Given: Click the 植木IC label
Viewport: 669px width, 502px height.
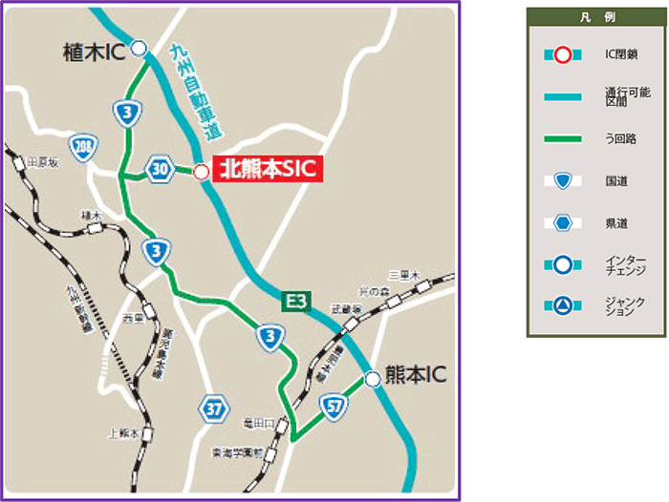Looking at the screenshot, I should coord(92,50).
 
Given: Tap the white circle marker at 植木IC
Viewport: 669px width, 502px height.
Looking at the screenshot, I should coord(140,48).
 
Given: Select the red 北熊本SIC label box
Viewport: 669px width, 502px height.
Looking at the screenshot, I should coord(265,171).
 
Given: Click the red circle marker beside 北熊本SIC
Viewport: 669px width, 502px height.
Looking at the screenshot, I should coord(201,172).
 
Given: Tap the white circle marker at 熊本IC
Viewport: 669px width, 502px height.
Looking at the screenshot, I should coord(373,379).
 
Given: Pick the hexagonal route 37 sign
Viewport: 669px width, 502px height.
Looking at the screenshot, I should coord(215,409).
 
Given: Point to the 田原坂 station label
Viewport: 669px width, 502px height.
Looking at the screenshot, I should coord(44,163).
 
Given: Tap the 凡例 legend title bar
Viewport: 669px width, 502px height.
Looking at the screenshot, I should coord(595,18).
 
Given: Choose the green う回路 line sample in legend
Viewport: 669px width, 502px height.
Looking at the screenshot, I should coord(563,137).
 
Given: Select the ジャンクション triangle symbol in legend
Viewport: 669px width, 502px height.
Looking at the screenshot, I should coord(563,306).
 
